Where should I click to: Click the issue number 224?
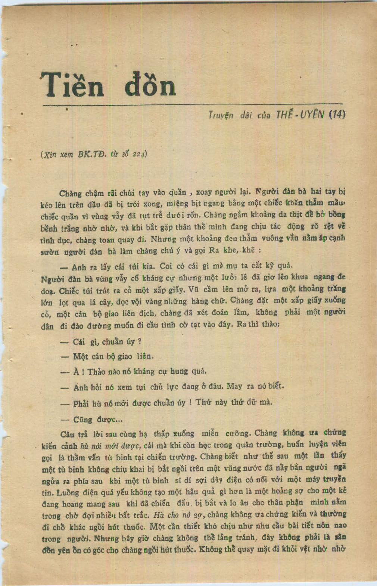click(138, 154)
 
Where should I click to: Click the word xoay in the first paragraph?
click(204, 192)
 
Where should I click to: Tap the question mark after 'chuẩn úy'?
click(139, 341)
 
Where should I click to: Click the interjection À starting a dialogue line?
click(76, 372)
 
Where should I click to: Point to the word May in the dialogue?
click(234, 386)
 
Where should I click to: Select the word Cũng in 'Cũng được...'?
click(83, 419)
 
